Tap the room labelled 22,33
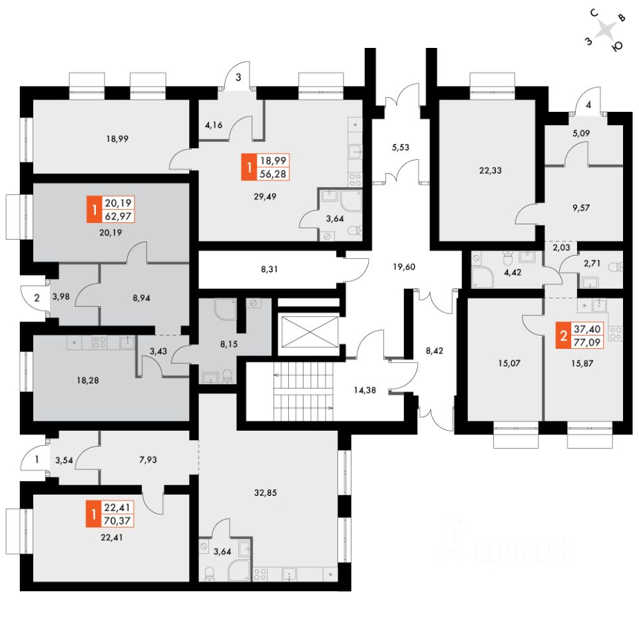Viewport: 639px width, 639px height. pyautogui.click(x=490, y=170)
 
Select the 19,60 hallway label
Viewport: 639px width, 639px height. pyautogui.click(x=404, y=267)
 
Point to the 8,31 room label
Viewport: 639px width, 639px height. pyautogui.click(x=270, y=270)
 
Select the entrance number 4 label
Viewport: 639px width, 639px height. pyautogui.click(x=588, y=105)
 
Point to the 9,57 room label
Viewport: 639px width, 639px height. pyautogui.click(x=580, y=207)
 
